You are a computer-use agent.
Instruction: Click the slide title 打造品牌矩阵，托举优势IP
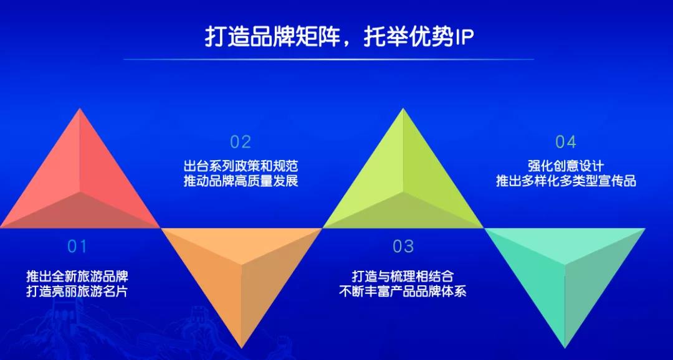coord(339,37)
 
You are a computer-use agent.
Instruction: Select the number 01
coord(77,247)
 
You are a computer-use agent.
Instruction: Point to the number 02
coord(241,142)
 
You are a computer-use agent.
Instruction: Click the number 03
coord(403,247)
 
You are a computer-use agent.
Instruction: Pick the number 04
coord(566,142)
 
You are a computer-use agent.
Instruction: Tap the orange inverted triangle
coord(241,275)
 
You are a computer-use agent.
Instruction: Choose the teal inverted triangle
coord(565,275)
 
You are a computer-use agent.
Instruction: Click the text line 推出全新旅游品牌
coord(77,276)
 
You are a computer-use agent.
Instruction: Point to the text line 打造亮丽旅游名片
coord(77,291)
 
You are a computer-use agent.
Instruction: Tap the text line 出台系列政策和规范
coord(241,166)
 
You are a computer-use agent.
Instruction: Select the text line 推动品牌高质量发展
coord(241,181)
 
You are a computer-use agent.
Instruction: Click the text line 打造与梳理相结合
coord(403,276)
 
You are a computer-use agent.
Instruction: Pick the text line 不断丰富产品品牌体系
coord(403,291)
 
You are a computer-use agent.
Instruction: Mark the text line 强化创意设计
coord(566,166)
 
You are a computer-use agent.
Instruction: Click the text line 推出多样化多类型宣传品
coord(566,181)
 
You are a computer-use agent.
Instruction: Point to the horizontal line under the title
coord(328,59)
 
